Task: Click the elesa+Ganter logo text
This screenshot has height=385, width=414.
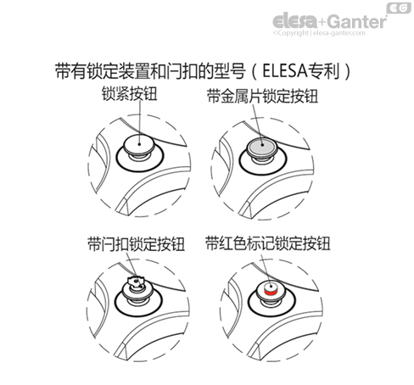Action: click(x=329, y=21)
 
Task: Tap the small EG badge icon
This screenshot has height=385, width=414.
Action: click(x=399, y=8)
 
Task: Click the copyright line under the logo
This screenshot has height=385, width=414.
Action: click(x=319, y=33)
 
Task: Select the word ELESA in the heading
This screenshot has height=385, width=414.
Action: click(x=285, y=70)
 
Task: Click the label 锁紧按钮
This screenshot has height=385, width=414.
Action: click(x=129, y=94)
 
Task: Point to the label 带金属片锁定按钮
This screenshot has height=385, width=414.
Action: click(x=262, y=96)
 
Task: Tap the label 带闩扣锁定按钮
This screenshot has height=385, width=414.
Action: click(x=137, y=244)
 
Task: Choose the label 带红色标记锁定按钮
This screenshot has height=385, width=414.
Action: click(x=268, y=243)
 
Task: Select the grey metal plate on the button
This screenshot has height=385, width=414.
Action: click(x=262, y=146)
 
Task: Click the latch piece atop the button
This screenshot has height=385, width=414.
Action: click(x=136, y=282)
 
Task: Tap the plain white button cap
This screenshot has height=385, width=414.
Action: click(x=139, y=144)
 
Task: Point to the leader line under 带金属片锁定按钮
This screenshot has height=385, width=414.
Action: click(x=258, y=125)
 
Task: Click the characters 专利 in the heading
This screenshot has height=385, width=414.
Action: click(x=323, y=70)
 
